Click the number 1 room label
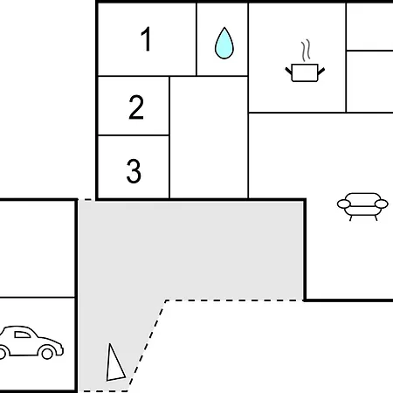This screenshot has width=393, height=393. click(146, 39)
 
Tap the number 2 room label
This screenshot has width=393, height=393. click(136, 107)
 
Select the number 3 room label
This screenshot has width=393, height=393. click(134, 171)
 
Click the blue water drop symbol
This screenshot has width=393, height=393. click(224, 43)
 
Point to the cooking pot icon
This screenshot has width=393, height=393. click(305, 72)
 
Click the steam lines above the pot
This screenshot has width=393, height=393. click(306, 51)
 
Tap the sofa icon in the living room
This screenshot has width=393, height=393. click(362, 206)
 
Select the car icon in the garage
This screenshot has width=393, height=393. click(31, 342)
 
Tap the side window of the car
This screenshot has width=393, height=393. click(23, 334)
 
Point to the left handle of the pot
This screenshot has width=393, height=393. click(288, 71)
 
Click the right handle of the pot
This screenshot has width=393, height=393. click(321, 71)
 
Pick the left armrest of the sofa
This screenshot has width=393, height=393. click(344, 203)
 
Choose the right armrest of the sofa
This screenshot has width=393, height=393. click(382, 203)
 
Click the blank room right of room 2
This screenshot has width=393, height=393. click(209, 137)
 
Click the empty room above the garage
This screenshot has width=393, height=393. click(38, 249)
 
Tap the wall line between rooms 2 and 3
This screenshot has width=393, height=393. click(134, 135)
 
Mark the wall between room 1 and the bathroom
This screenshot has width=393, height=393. click(196, 39)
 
